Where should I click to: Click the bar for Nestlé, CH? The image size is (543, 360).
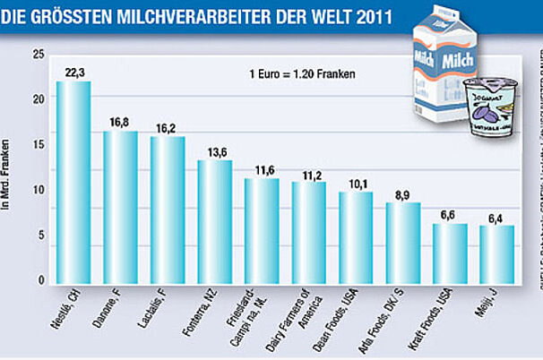point(73,184)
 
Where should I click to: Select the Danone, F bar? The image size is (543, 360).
point(120,208)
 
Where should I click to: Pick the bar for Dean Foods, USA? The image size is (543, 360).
point(355,238)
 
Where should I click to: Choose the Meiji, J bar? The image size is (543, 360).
point(496,254)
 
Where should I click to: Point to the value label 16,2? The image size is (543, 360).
point(168,128)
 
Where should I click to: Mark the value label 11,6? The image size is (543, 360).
point(262,170)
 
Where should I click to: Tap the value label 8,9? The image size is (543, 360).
point(402,194)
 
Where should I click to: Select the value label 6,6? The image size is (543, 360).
point(450,216)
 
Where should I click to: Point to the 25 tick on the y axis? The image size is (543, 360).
point(38,56)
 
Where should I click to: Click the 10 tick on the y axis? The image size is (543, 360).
point(38,191)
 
